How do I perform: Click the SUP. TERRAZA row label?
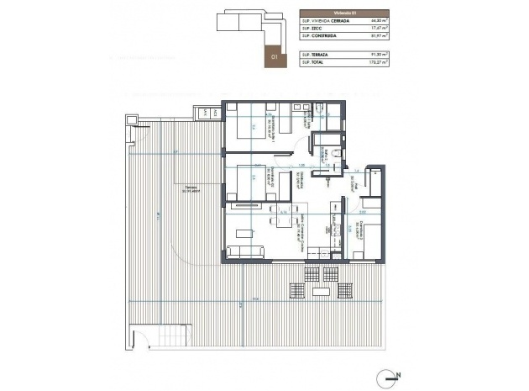click(314, 53)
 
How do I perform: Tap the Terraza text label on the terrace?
click(194, 189)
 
